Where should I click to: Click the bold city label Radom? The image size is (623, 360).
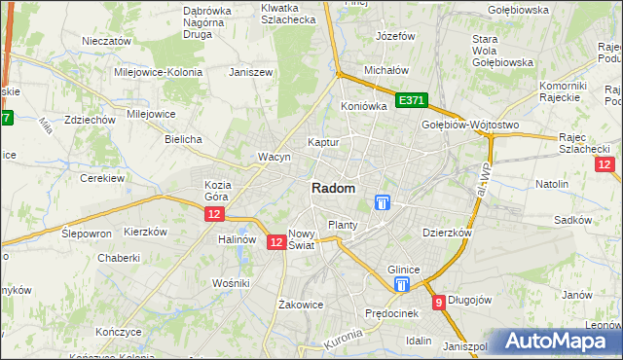tap(333, 189)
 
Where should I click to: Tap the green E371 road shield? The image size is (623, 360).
tap(411, 100)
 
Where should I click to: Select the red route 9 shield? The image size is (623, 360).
tap(439, 303)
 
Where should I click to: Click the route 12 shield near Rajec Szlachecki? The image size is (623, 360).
tap(604, 165)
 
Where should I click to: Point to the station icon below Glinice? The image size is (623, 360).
tap(402, 284)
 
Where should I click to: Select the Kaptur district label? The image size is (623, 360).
tap(322, 142)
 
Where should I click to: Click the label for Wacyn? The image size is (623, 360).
tap(275, 157)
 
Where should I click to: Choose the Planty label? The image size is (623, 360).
tap(343, 225)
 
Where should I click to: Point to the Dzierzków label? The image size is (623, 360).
tap(447, 234)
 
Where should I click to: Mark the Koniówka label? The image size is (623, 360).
tap(364, 106)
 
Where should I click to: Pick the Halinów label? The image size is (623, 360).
tap(237, 239)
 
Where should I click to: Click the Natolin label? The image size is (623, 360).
tap(552, 183)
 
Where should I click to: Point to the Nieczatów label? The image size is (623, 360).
tap(107, 42)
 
